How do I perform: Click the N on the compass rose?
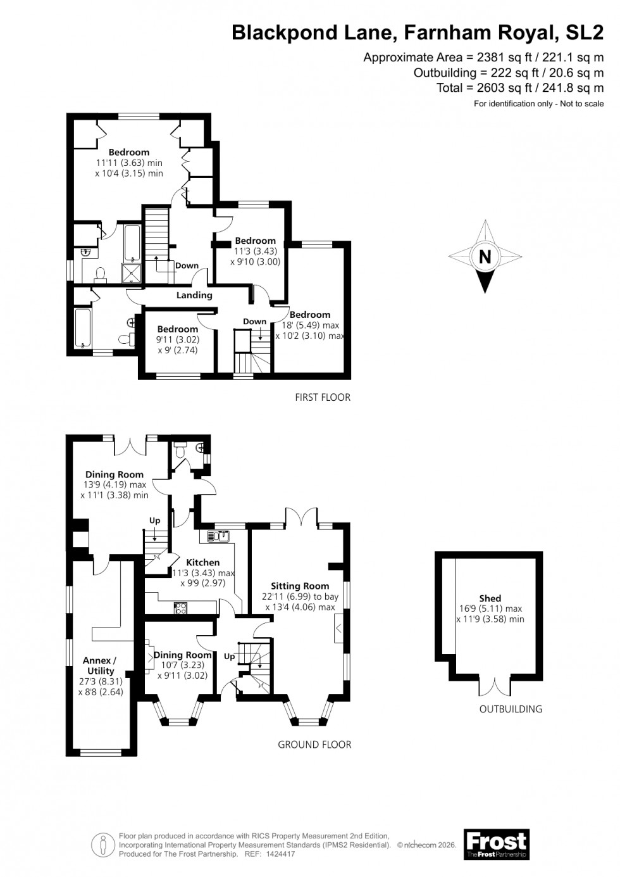tap(485, 256)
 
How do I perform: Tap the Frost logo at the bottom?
tap(496, 844)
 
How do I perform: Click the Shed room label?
tap(490, 598)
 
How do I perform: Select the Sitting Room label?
tap(300, 586)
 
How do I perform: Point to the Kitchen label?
tap(203, 562)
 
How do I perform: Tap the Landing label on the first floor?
tap(194, 295)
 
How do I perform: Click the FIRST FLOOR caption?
tap(323, 398)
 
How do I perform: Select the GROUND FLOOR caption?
tap(314, 745)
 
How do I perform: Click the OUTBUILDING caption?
tap(511, 709)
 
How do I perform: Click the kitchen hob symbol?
tap(180, 609)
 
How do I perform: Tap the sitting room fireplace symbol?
tap(339, 628)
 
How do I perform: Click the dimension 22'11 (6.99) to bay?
tap(300, 596)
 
